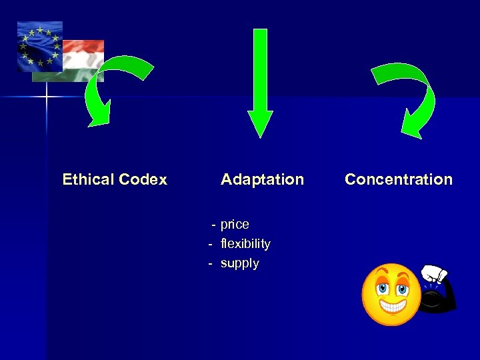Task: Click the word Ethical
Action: point(88,179)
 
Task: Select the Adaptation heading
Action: point(262,179)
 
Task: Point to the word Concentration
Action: point(399,179)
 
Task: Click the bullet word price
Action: point(235,224)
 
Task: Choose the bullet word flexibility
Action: point(245,243)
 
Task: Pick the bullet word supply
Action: point(239,263)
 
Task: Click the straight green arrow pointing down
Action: point(260,80)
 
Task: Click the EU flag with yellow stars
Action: point(39,45)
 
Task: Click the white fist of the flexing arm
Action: point(435,273)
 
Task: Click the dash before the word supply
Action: point(210,263)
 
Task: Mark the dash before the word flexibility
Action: point(210,243)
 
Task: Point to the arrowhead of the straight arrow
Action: point(260,123)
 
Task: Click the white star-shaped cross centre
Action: point(47,97)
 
